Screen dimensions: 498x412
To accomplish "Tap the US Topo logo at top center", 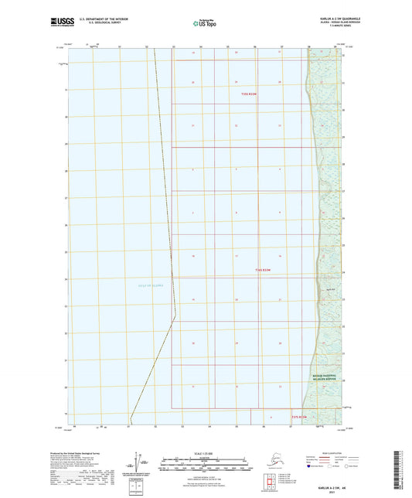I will pyautogui.click(x=206, y=23).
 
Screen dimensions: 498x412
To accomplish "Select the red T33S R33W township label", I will pyautogui.click(x=249, y=94).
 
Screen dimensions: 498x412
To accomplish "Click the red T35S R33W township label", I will pyautogui.click(x=299, y=417).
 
